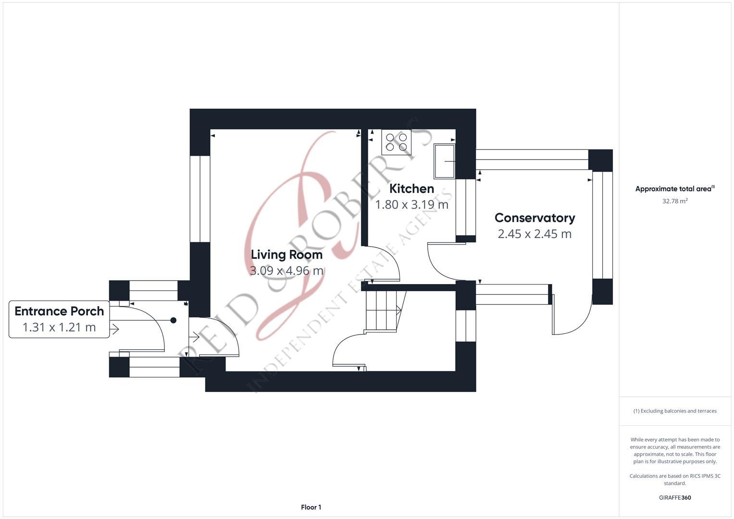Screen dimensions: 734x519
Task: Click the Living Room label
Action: click(286, 255)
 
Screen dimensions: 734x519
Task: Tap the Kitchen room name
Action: click(411, 189)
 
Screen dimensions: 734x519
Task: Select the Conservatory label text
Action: click(535, 218)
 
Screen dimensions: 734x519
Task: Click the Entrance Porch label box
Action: click(59, 319)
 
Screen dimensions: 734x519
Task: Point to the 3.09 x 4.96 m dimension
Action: click(286, 271)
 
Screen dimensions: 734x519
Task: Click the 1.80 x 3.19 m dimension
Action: click(411, 205)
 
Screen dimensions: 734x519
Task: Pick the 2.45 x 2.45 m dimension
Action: click(535, 234)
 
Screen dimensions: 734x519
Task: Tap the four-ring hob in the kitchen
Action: click(396, 142)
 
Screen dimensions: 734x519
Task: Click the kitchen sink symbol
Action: click(444, 161)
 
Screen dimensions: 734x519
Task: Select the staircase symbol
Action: click(384, 310)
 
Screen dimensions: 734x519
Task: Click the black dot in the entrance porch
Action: click(174, 320)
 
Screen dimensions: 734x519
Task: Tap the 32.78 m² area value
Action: click(675, 201)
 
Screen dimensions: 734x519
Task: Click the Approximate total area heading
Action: click(675, 189)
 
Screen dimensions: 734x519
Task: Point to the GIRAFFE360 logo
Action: click(675, 497)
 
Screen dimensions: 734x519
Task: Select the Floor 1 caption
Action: click(311, 507)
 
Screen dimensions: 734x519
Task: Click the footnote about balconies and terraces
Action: click(675, 411)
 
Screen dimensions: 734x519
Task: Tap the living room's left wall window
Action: click(200, 199)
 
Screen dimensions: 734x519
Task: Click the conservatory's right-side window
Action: click(602, 225)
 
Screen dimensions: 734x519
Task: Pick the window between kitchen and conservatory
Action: click(466, 208)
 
